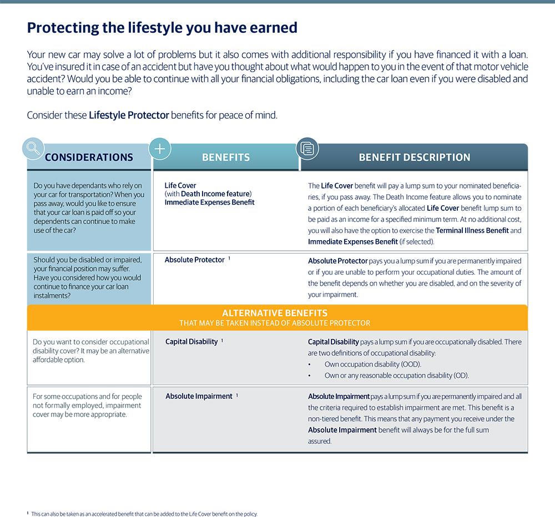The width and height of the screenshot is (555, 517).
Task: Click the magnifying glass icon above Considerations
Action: click(x=33, y=148)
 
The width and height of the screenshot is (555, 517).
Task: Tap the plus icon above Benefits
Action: click(x=160, y=149)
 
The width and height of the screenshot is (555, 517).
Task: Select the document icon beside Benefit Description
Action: click(x=307, y=148)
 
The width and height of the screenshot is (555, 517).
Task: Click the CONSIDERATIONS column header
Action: click(x=89, y=158)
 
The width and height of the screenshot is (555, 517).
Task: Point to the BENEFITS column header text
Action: click(x=226, y=158)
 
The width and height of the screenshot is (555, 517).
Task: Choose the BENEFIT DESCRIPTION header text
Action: click(x=415, y=158)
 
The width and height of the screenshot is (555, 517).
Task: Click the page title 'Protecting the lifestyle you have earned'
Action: click(x=162, y=27)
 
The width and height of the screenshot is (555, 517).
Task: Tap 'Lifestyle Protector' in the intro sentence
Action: click(x=129, y=115)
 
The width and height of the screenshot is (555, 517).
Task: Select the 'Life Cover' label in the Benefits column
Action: click(x=180, y=185)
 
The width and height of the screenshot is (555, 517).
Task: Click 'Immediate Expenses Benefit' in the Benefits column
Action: click(x=209, y=202)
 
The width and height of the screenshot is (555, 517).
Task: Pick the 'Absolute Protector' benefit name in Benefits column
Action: click(x=194, y=260)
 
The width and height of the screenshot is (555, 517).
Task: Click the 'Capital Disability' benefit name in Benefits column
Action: click(x=191, y=342)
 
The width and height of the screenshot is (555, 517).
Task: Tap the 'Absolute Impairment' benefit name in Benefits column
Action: click(x=199, y=396)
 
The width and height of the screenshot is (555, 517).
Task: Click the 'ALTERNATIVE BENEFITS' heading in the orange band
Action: click(x=274, y=313)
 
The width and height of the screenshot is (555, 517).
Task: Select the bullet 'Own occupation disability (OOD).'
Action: click(x=373, y=364)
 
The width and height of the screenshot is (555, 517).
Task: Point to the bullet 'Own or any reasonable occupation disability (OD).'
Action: click(x=396, y=375)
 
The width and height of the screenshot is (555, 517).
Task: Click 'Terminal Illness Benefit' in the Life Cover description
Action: click(x=472, y=230)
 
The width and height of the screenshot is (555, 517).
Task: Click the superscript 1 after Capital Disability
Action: click(x=222, y=340)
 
